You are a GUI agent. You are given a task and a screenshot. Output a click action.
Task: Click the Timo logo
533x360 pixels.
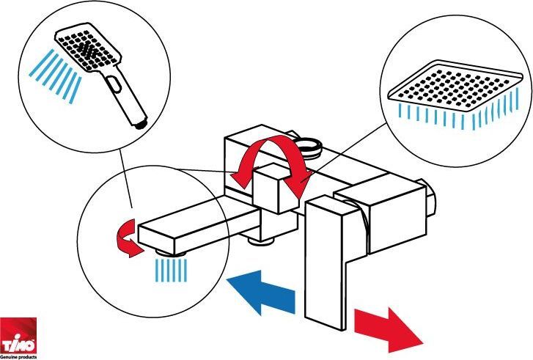18,336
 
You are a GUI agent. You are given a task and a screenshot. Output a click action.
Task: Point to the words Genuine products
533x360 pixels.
18,357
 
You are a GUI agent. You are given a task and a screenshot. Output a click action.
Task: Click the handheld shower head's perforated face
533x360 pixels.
88,47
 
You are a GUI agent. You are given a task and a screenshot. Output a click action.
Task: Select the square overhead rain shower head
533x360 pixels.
455,86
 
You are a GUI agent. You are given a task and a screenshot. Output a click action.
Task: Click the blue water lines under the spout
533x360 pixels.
171,271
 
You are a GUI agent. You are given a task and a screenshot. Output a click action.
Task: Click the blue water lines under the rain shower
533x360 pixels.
459,111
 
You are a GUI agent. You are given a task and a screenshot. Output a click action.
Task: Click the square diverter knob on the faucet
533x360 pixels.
276,188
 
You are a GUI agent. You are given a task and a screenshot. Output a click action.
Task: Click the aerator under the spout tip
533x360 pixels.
169,253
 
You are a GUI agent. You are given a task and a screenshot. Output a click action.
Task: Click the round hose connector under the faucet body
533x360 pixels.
261,240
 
